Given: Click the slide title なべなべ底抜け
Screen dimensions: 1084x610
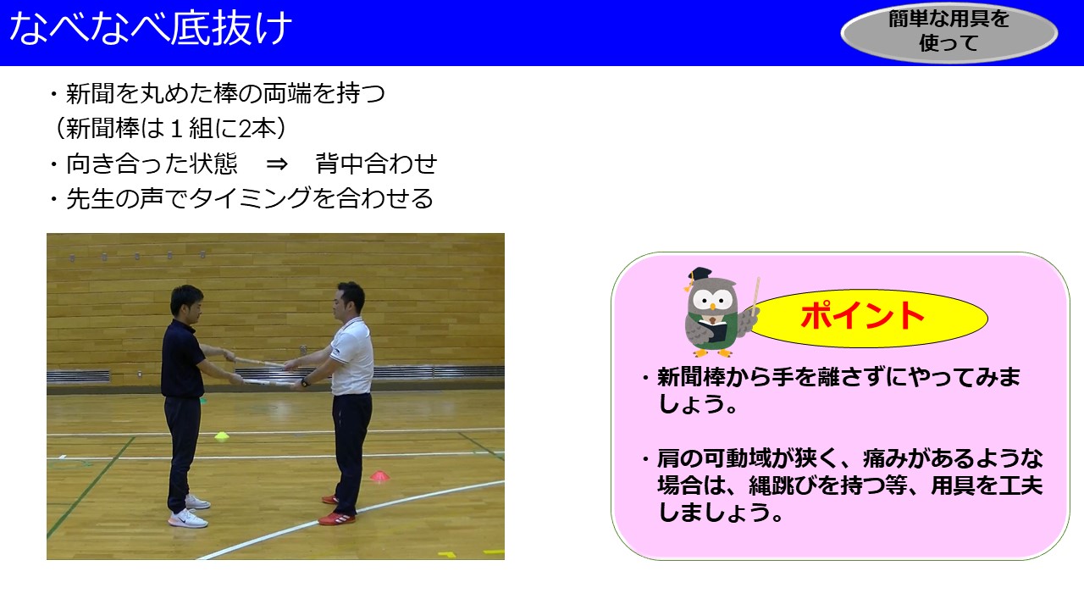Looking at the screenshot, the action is coord(151,28).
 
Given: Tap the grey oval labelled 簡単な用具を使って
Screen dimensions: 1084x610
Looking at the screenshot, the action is coord(949,32).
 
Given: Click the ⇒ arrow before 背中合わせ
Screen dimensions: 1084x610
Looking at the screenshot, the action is coord(277,164).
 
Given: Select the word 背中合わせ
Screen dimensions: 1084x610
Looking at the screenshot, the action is coord(376,164).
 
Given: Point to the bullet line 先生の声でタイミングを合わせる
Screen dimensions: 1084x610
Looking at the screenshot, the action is coord(242,198).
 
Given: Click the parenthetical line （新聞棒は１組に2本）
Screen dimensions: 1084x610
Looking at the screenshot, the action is coord(170,128).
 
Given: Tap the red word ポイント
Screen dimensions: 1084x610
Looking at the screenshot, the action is coord(862,315).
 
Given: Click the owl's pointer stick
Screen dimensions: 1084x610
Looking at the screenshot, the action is coord(755,297).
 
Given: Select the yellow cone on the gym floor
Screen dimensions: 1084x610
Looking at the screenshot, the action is coord(222,435).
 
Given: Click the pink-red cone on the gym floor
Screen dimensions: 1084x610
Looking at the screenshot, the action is coord(380,475).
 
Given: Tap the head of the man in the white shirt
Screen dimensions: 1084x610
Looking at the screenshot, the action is coord(348,300).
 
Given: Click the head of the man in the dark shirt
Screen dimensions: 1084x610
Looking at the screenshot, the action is coord(187,304).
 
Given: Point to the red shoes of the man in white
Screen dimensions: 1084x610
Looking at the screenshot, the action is coord(338,511).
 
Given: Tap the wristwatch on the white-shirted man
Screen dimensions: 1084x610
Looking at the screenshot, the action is coord(304,382).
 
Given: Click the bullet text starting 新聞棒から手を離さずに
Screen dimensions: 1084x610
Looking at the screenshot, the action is coord(832,391).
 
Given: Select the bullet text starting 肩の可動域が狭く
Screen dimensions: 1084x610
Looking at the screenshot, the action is coord(843,485).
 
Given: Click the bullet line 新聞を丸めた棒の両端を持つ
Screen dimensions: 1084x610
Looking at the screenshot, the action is coord(218,93).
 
